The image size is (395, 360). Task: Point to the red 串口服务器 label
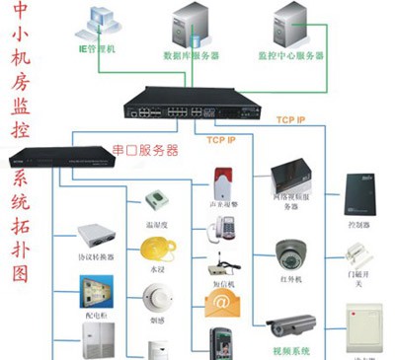(145, 151)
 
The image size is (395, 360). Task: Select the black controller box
(355, 193)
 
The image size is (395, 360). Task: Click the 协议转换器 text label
(96, 259)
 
